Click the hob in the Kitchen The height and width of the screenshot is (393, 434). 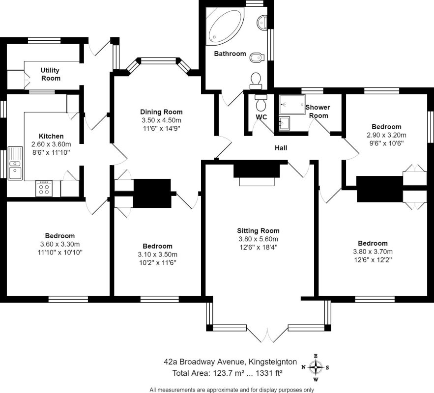(x=44, y=188)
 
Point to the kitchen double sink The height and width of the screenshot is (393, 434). (x=15, y=163)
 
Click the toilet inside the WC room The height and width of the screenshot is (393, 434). (x=260, y=103)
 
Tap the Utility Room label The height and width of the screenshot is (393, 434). (x=50, y=74)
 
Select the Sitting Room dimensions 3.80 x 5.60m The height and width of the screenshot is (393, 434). (x=258, y=239)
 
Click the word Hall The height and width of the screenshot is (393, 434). (x=281, y=148)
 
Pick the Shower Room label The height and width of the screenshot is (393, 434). (x=318, y=111)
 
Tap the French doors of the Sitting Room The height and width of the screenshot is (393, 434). (x=266, y=335)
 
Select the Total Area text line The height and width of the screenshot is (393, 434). (x=227, y=373)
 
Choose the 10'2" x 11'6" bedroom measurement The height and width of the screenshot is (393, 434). (x=157, y=263)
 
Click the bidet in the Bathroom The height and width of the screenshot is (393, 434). (x=258, y=56)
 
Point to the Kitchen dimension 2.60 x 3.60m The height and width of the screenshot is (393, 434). (x=51, y=144)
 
